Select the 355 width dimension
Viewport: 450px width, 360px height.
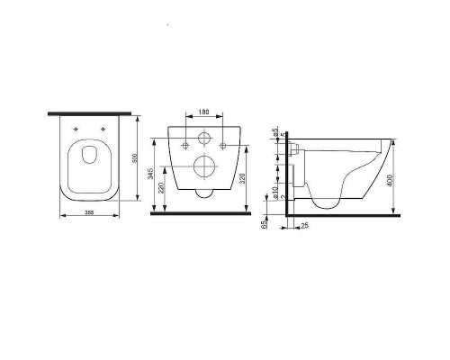pos(90,212)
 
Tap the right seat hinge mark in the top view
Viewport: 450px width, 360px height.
pos(105,130)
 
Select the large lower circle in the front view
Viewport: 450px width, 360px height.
pos(204,168)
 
